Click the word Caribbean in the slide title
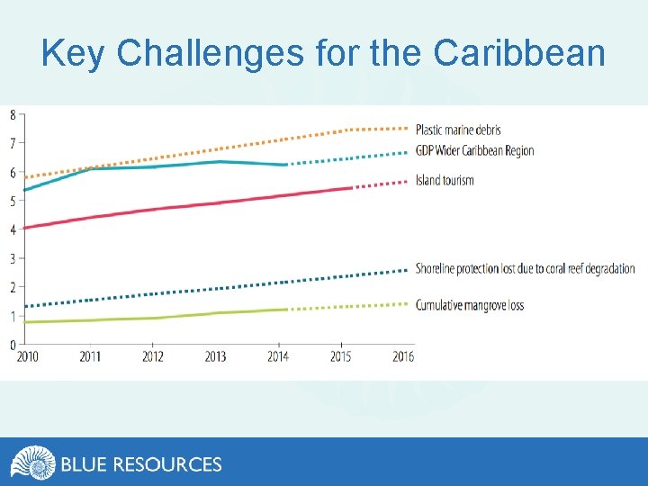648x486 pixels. pyautogui.click(x=519, y=54)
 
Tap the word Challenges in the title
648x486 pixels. pyautogui.click(x=211, y=54)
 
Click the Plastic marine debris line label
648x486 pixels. pyautogui.click(x=458, y=130)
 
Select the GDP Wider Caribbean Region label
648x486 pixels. pyautogui.click(x=474, y=150)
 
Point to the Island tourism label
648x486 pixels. pyautogui.click(x=445, y=180)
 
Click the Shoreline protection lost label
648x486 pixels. pyautogui.click(x=525, y=268)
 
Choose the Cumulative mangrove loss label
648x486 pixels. pyautogui.click(x=469, y=305)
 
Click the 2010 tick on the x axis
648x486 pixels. pyautogui.click(x=28, y=356)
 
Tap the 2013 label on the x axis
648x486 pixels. pyautogui.click(x=215, y=356)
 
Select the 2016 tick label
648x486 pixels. pyautogui.click(x=403, y=356)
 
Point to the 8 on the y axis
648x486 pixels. pyautogui.click(x=12, y=114)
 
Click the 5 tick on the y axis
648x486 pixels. pyautogui.click(x=12, y=201)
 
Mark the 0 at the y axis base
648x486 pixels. pyautogui.click(x=12, y=345)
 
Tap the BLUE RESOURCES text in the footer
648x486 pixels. pyautogui.click(x=141, y=464)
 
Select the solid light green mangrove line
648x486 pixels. pyautogui.click(x=180, y=316)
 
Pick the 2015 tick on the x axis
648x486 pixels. pyautogui.click(x=340, y=356)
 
